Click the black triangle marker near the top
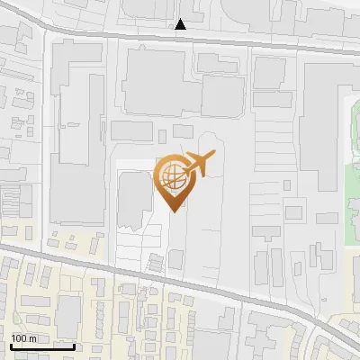tap(181, 24)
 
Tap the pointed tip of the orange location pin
tap(174, 211)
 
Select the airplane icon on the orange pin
tap(199, 165)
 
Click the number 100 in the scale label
tap(20, 338)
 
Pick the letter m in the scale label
tap(33, 338)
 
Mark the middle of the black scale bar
tap(42, 346)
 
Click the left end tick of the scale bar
tap(10, 345)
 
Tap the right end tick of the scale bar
tap(75, 345)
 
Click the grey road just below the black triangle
tap(181, 38)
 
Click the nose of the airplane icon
tap(215, 155)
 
